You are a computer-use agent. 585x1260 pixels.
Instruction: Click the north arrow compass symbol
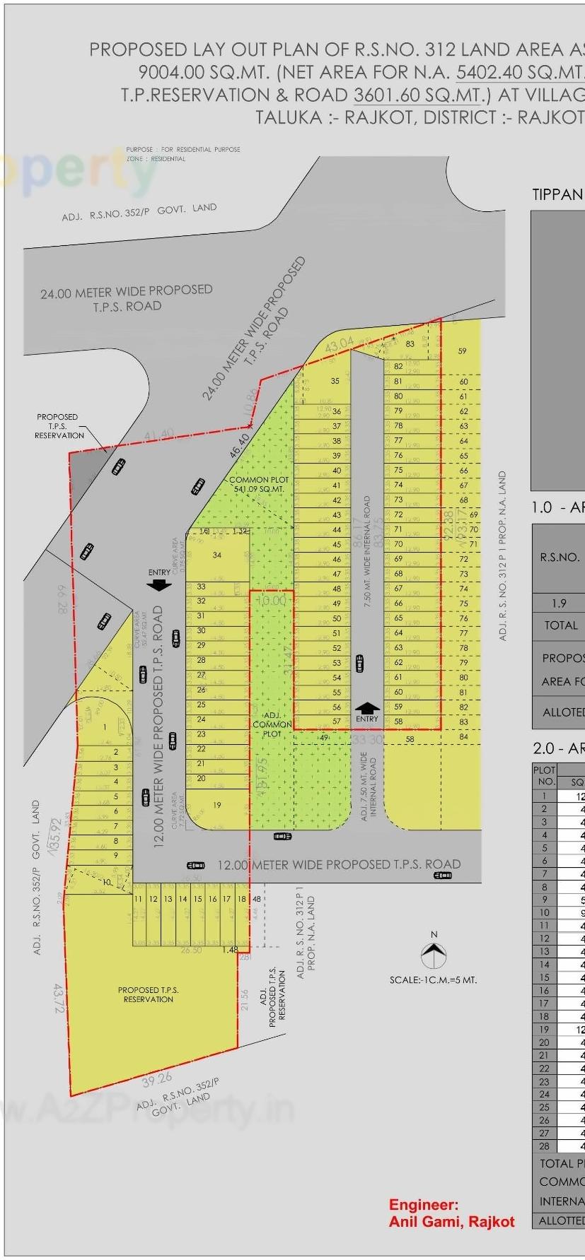434,956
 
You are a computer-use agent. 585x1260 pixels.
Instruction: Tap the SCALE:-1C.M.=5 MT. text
433,979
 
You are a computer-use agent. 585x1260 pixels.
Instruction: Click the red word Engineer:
424,1205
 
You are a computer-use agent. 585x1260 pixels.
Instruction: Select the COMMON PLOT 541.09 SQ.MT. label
259,484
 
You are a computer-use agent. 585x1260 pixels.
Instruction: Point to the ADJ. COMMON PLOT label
272,724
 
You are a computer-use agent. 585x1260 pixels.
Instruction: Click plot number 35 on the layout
335,381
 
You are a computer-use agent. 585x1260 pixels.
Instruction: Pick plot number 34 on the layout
216,555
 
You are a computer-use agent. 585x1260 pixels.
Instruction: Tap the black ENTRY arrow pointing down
159,584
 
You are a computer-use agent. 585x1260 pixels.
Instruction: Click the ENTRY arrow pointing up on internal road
367,708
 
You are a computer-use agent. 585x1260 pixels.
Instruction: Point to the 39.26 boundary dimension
157,1078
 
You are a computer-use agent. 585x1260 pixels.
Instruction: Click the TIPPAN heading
557,195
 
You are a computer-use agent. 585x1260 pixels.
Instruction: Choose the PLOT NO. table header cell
545,776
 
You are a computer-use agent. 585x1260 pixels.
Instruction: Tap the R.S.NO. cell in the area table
560,557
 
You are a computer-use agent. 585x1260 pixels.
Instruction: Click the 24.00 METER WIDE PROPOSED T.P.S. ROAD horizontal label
127,298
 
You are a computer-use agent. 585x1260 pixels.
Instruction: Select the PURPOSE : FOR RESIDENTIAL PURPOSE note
183,149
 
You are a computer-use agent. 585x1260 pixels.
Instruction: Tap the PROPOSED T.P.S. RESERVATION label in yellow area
149,994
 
